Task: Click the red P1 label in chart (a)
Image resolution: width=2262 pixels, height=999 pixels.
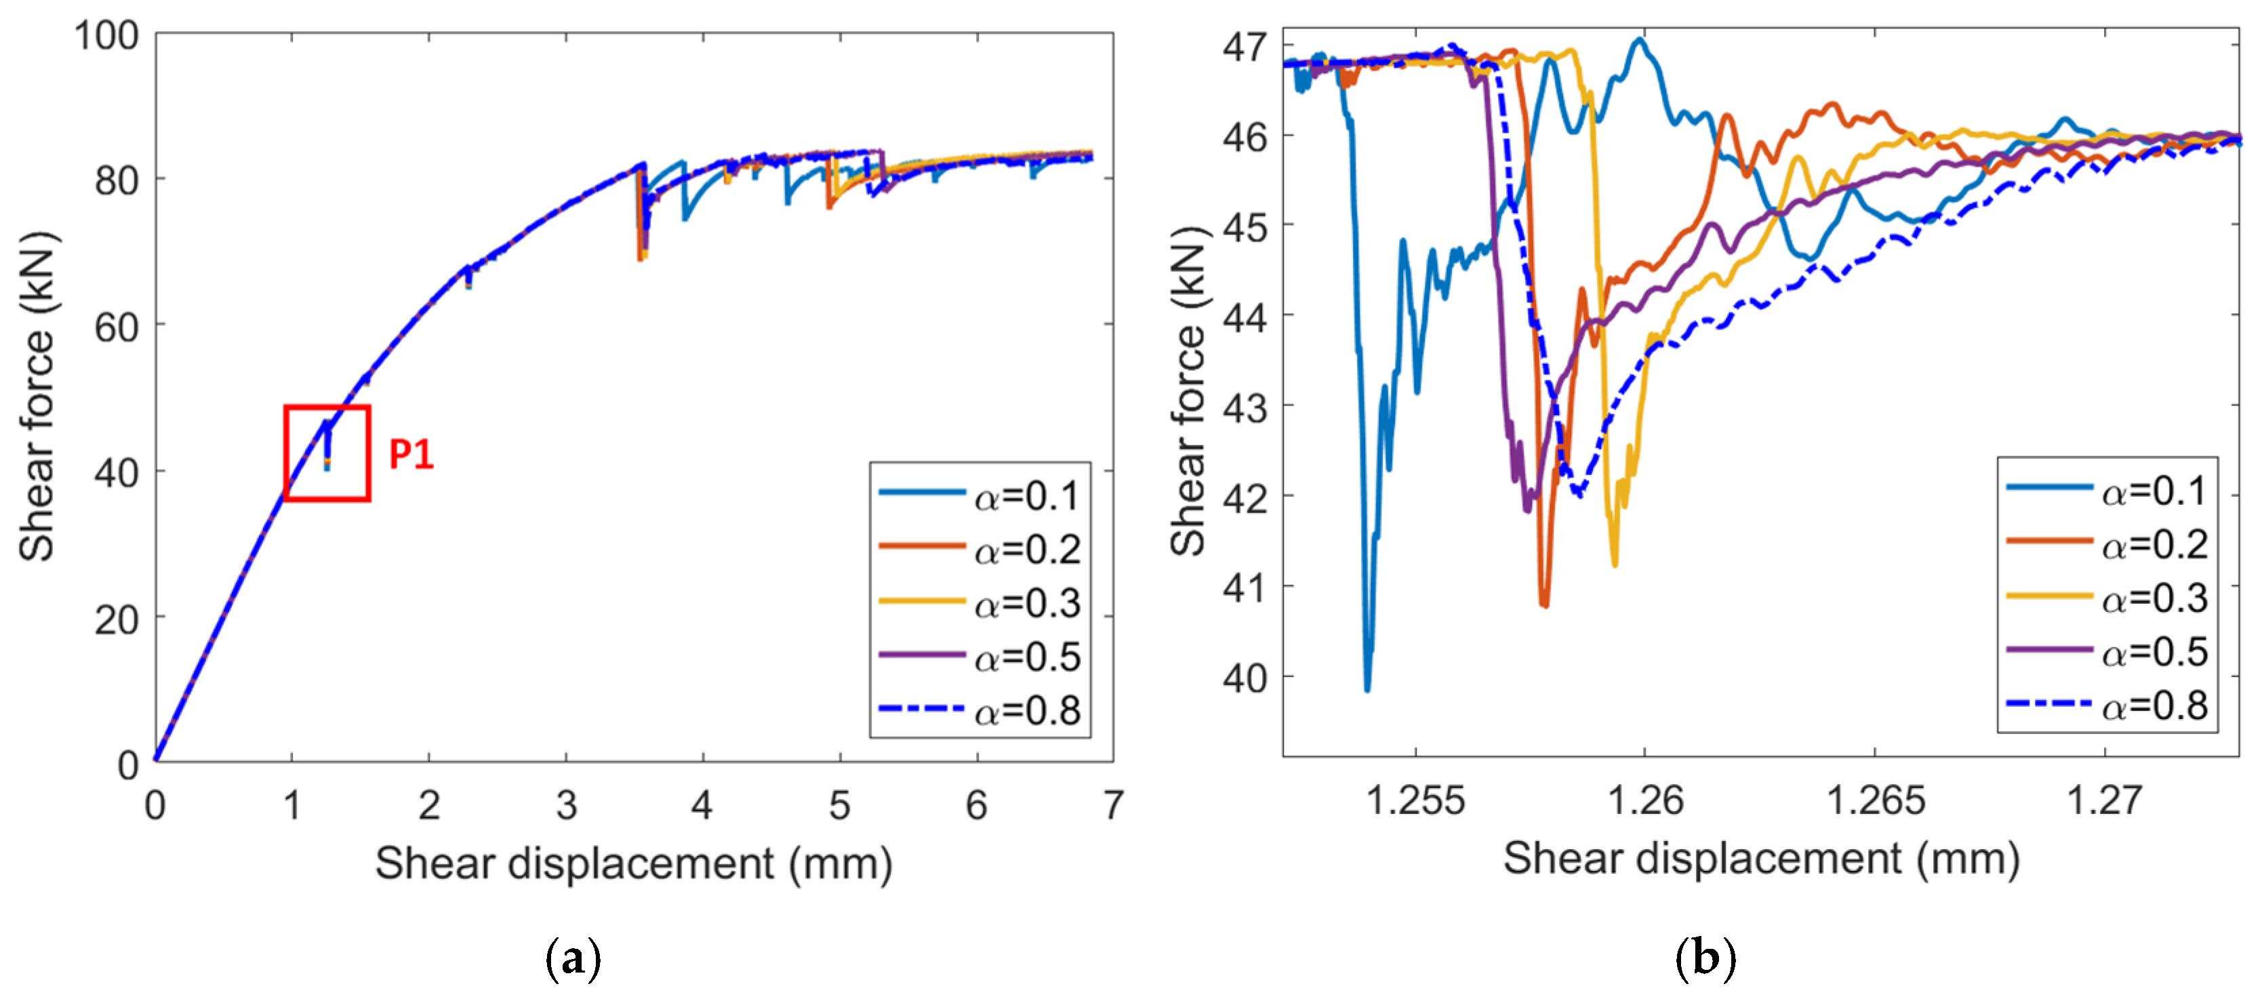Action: (x=411, y=454)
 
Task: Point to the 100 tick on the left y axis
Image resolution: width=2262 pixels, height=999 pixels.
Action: (x=106, y=36)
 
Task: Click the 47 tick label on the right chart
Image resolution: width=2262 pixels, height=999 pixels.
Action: (x=1246, y=45)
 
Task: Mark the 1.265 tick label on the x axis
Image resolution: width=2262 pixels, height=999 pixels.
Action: (x=1876, y=800)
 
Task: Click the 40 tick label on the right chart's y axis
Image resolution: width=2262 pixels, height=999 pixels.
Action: (x=1246, y=677)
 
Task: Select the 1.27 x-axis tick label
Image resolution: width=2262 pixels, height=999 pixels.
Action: (x=2105, y=800)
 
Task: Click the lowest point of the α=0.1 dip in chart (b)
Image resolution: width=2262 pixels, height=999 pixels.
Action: (x=1367, y=690)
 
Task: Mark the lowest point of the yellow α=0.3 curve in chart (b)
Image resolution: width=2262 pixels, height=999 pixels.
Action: (x=1615, y=565)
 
